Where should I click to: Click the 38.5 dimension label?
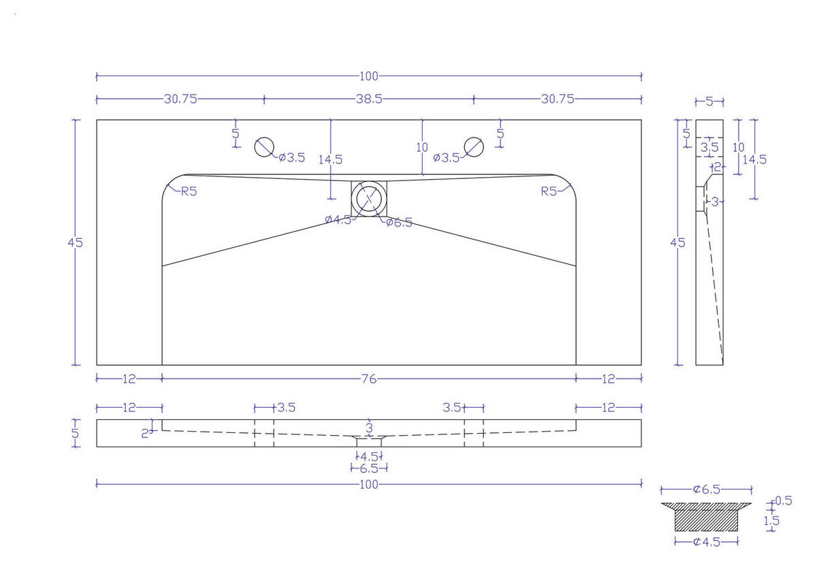coord(368,99)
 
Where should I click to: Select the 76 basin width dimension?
coord(368,379)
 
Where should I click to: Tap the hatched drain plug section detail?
coord(706,517)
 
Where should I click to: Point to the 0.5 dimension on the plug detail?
coord(784,501)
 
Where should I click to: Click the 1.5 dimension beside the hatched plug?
coord(771,521)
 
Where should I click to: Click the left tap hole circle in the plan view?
coord(264,146)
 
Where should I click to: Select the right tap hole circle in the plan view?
coord(473,146)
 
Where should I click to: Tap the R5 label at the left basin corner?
coord(189,191)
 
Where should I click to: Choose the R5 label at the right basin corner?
coord(549,191)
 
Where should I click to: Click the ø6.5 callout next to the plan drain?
coord(399,223)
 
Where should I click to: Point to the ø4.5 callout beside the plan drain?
coord(338,219)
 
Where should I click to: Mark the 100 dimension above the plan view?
coord(368,76)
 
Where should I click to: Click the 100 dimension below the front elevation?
coord(368,484)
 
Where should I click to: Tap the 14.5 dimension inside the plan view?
coord(330,160)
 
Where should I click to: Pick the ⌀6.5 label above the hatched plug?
coord(707,489)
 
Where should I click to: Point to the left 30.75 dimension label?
coord(180,99)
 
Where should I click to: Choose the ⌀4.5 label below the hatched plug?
coord(707,542)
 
